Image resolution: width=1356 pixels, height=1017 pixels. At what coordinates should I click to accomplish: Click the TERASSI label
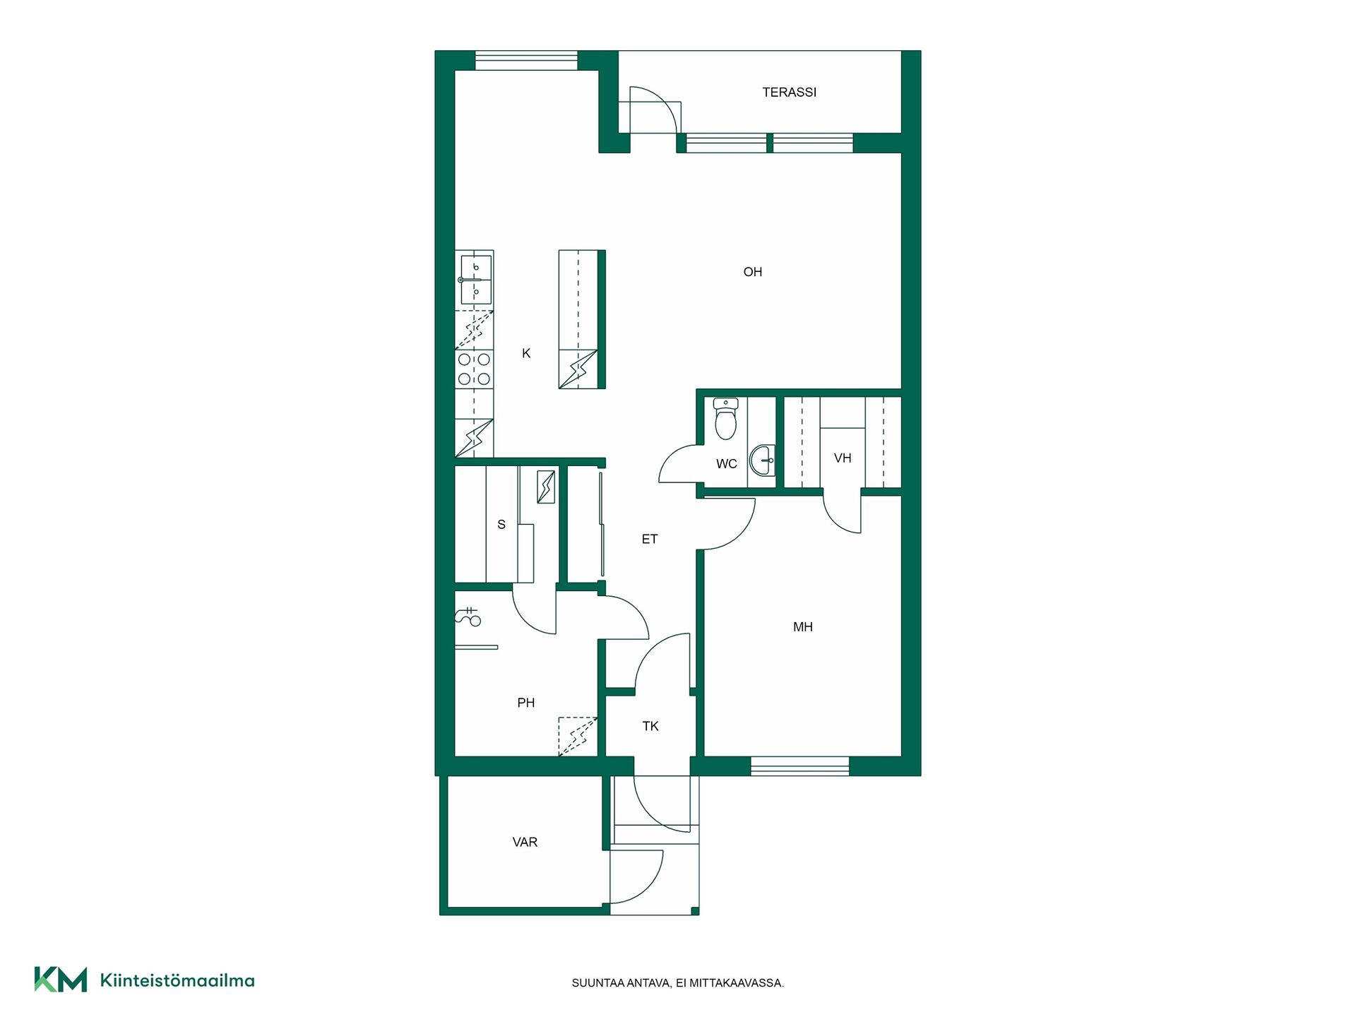pos(789,92)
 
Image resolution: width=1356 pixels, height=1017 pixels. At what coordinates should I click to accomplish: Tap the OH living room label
pos(753,272)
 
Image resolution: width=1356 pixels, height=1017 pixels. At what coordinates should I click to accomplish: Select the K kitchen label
pos(526,353)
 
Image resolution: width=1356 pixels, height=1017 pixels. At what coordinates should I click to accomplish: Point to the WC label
pos(727,464)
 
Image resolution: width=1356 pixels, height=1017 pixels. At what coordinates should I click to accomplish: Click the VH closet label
pos(843,458)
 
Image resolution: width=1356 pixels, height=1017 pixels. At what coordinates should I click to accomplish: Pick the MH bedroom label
pos(803,627)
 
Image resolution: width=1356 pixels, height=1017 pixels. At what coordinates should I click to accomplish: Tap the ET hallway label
pos(650,540)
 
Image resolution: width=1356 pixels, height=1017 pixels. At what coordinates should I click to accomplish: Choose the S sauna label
pos(501,525)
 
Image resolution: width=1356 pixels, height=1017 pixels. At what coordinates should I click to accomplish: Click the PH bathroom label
pos(526,703)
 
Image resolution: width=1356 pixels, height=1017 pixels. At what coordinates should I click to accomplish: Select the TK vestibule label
pos(650,726)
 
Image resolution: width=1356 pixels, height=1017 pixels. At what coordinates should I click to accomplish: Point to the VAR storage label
pos(525,843)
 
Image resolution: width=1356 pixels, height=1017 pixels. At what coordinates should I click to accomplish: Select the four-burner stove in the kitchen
pos(474,369)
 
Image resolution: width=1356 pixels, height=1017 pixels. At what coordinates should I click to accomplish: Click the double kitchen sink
pos(475,280)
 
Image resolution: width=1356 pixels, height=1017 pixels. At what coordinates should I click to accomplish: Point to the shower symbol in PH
pos(469,617)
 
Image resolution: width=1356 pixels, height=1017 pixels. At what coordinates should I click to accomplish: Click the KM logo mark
pos(61,980)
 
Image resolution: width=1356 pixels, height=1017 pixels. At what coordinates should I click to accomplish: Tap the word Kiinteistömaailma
pos(177,980)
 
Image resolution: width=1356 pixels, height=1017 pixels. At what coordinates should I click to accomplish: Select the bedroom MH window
pos(799,766)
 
